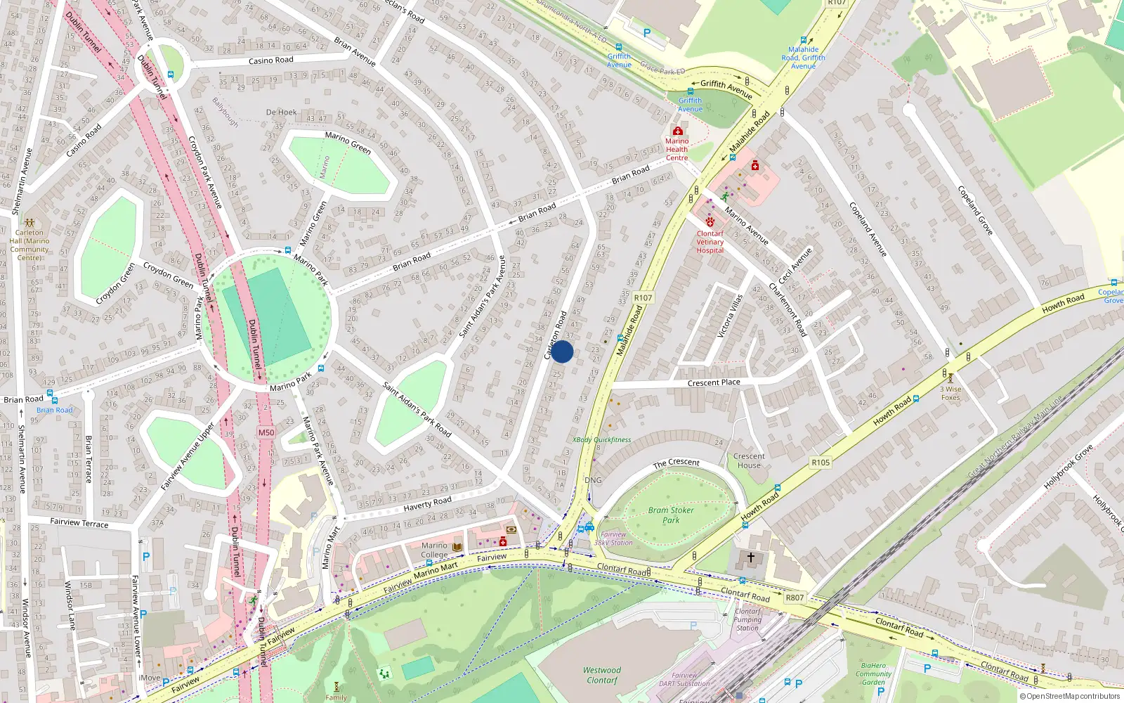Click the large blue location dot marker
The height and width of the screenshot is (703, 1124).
coord(562,351)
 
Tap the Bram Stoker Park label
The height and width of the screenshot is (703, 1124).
coord(671,515)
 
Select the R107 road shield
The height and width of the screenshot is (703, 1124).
coord(643,297)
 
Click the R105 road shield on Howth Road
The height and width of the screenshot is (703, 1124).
coord(821,462)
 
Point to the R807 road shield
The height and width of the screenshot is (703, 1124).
coord(795,598)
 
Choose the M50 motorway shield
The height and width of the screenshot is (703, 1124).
coord(266,432)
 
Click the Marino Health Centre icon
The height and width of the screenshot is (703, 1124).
coord(677,131)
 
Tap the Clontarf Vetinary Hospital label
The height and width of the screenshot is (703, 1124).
coord(710,242)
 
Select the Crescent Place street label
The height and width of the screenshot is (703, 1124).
coord(714,382)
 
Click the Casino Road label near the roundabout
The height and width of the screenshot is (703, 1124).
coord(270,60)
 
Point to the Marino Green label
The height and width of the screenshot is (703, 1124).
coord(348,143)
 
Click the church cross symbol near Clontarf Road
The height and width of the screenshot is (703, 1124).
coord(750,557)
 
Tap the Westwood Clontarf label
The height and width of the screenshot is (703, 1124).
coord(602,675)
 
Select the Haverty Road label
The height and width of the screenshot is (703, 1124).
coord(427,503)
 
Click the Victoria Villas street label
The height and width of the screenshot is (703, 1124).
coord(731,316)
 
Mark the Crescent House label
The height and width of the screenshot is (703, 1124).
coord(749,460)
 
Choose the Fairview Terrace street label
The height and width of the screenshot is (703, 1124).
coord(79,522)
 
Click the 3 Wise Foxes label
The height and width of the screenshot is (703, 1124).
coord(950,393)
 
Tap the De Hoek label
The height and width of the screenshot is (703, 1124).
coord(281,112)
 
